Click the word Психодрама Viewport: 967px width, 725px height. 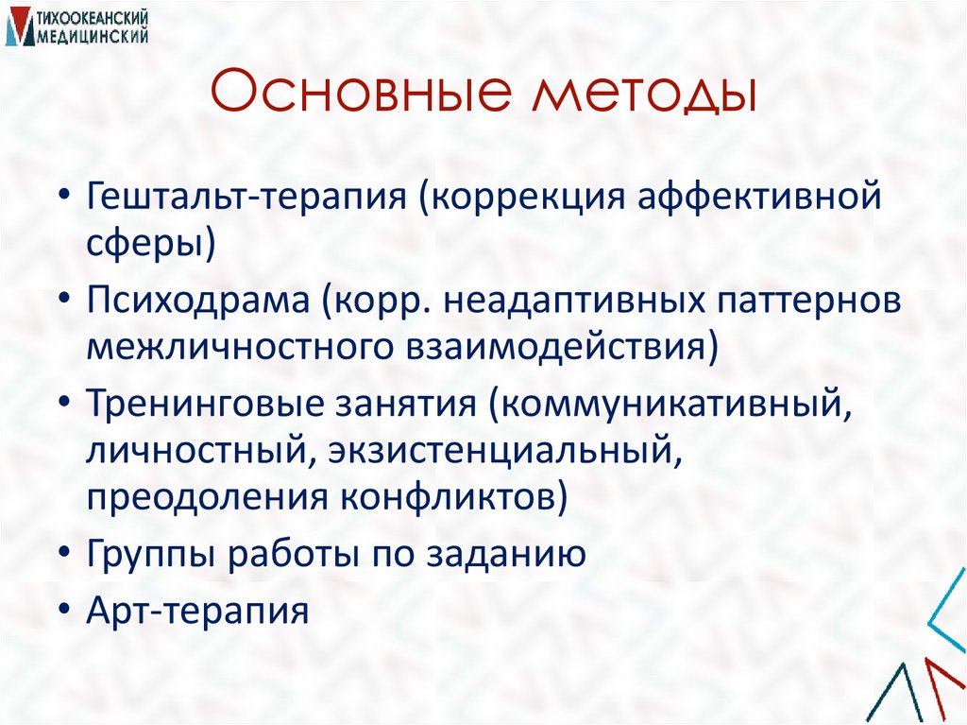(195, 302)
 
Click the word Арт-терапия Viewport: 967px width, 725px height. (198, 611)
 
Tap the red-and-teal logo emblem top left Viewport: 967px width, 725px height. (18, 27)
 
